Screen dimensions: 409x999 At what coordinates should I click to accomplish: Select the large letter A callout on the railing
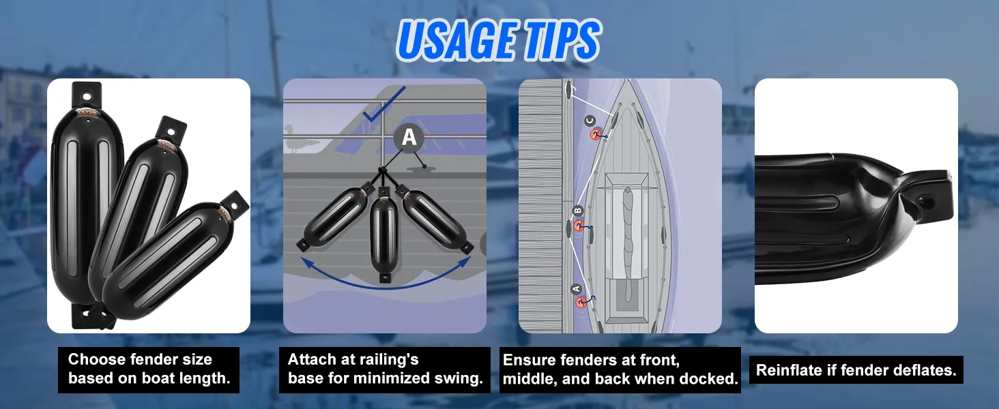pos(409,138)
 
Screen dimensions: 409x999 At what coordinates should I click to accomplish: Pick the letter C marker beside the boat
pos(591,121)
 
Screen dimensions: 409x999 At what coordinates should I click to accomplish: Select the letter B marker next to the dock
pos(577,210)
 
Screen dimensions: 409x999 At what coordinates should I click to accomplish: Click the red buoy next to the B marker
pos(579,226)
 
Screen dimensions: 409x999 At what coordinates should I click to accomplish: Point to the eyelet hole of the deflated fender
pos(925,202)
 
